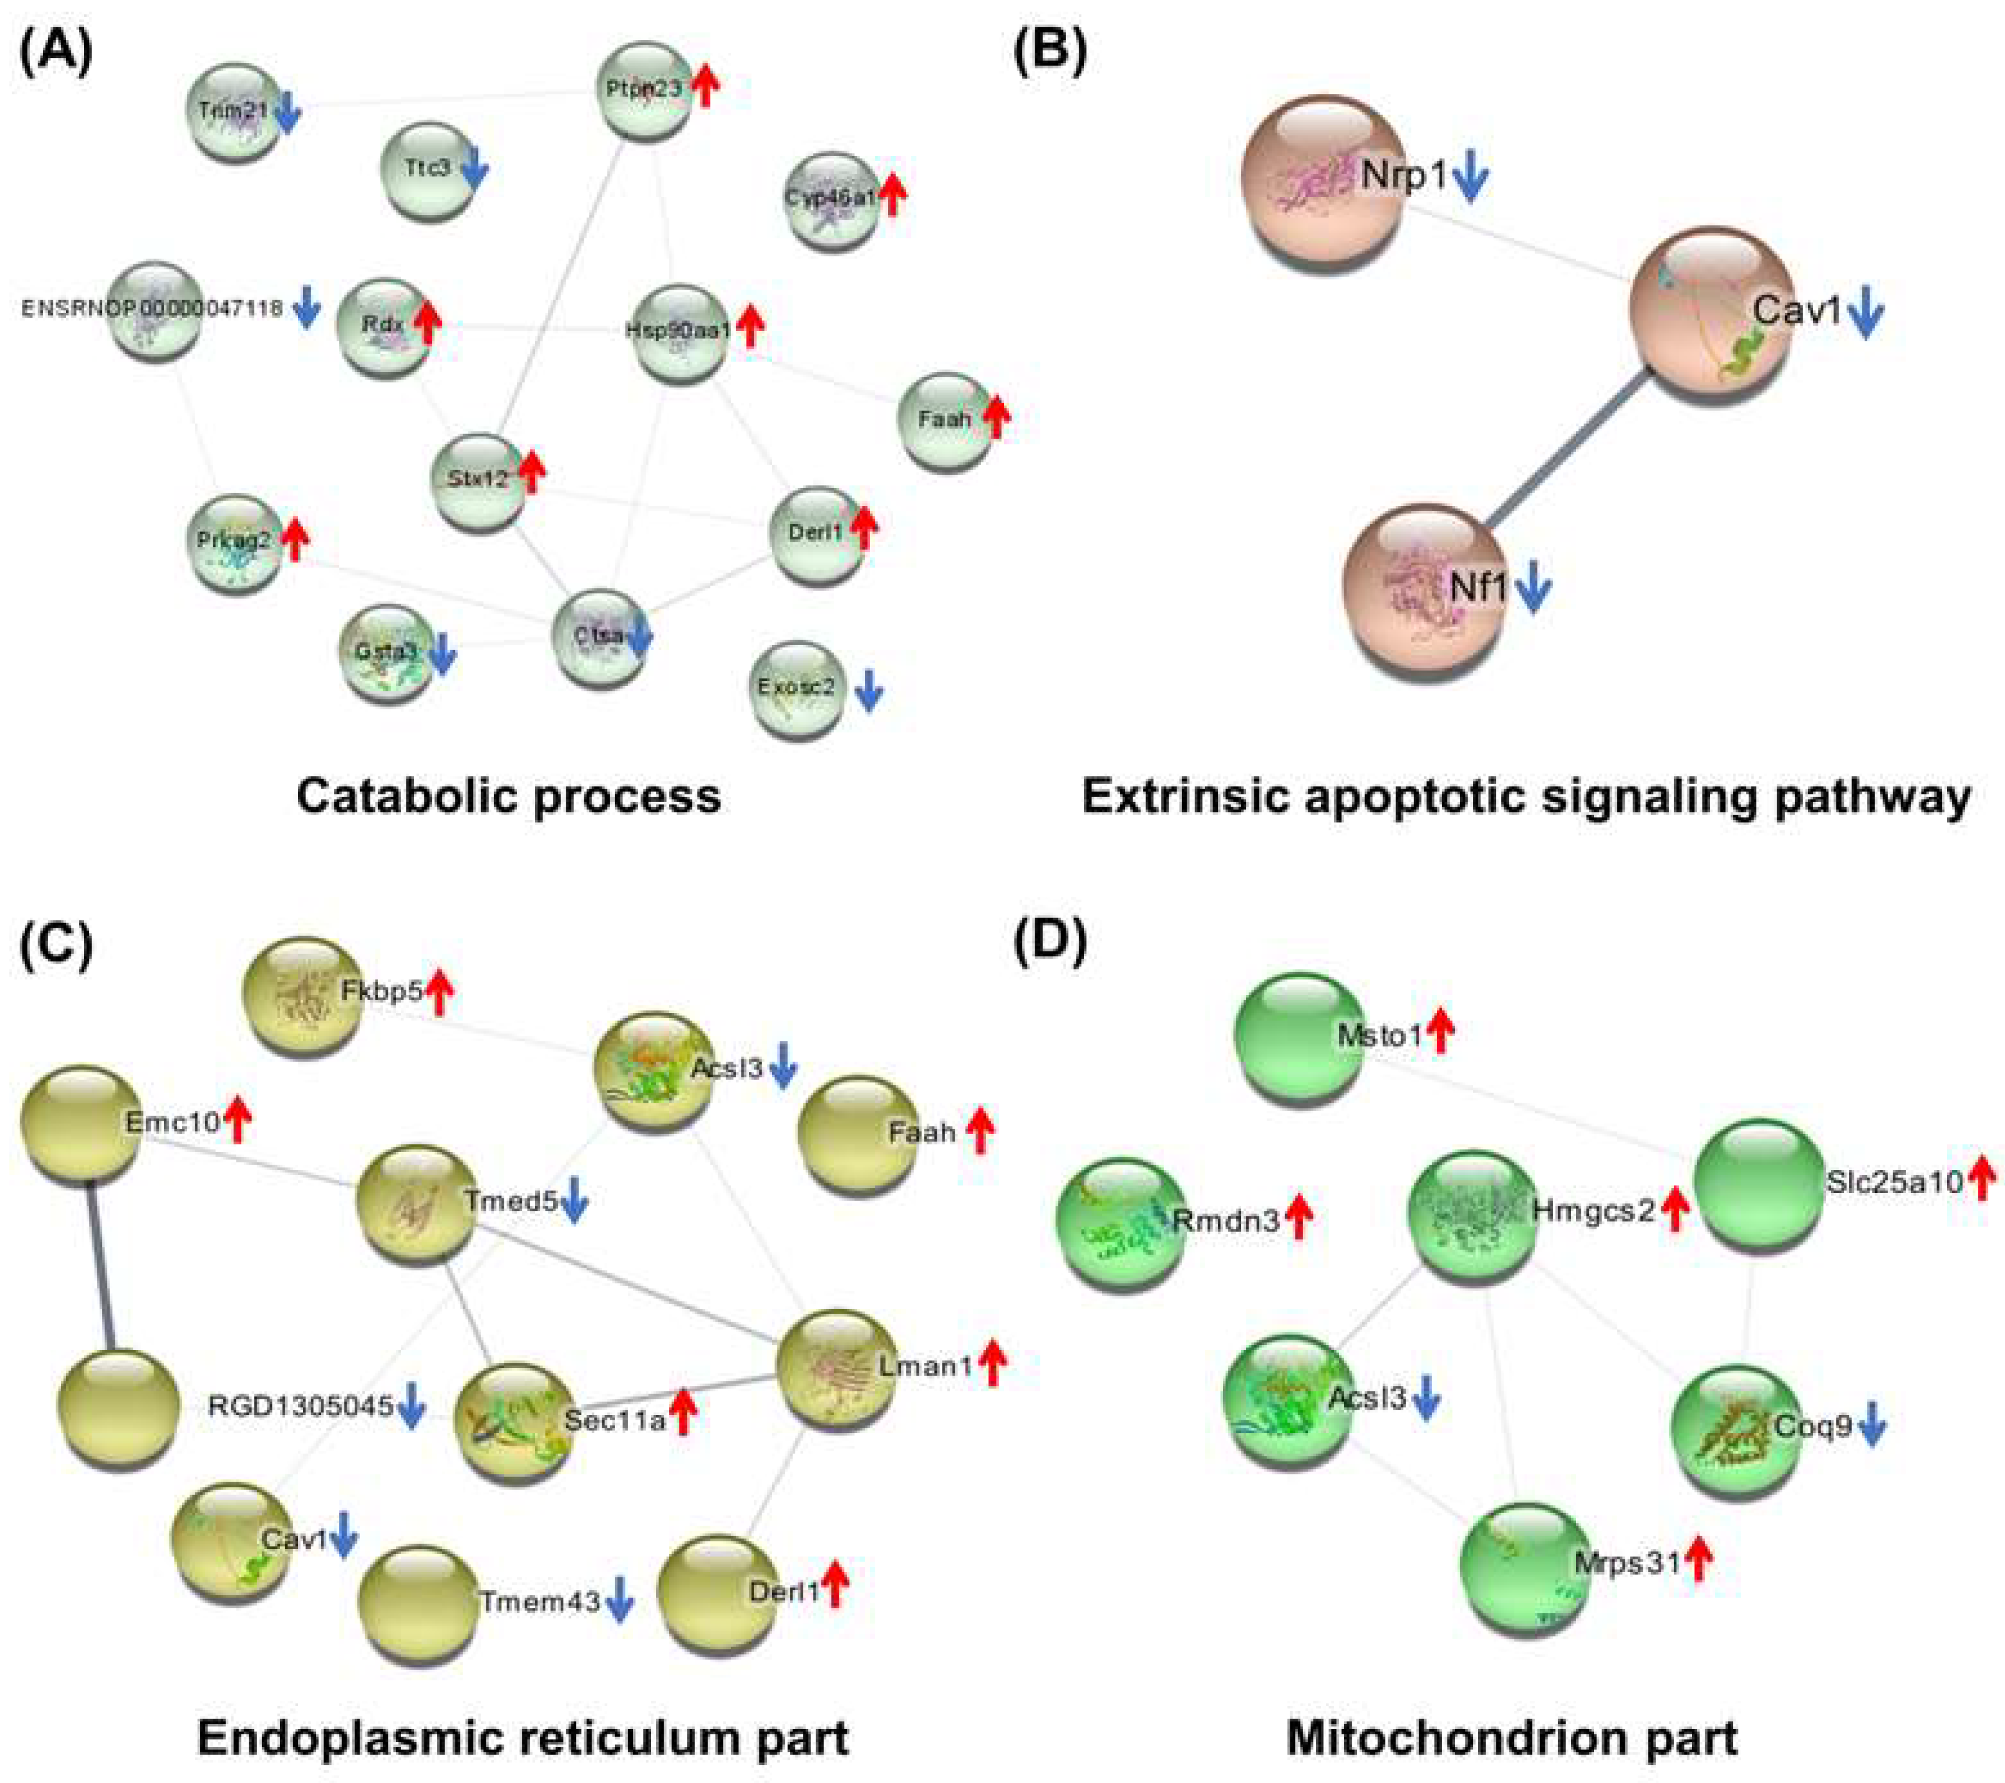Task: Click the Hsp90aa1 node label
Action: point(678,330)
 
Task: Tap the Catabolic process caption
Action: point(509,796)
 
